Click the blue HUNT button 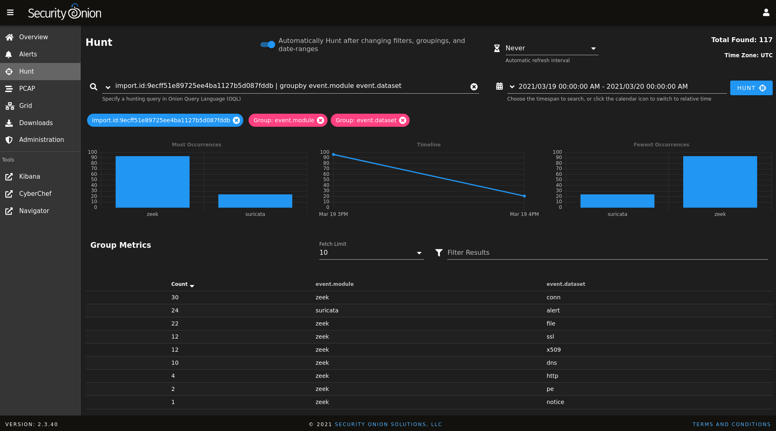751,88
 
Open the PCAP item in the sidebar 27,88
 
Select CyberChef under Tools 35,194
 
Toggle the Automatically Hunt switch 268,45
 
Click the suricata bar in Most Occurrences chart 255,201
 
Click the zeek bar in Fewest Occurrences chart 720,182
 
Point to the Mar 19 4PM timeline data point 524,196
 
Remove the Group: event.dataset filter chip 403,120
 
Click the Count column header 180,284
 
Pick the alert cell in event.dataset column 553,310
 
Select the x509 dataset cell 554,350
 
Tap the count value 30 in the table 175,297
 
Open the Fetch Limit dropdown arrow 419,253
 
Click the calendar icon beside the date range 499,86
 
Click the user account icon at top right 766,13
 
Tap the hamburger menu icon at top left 10,13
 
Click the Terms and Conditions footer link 731,424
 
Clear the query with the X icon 474,87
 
